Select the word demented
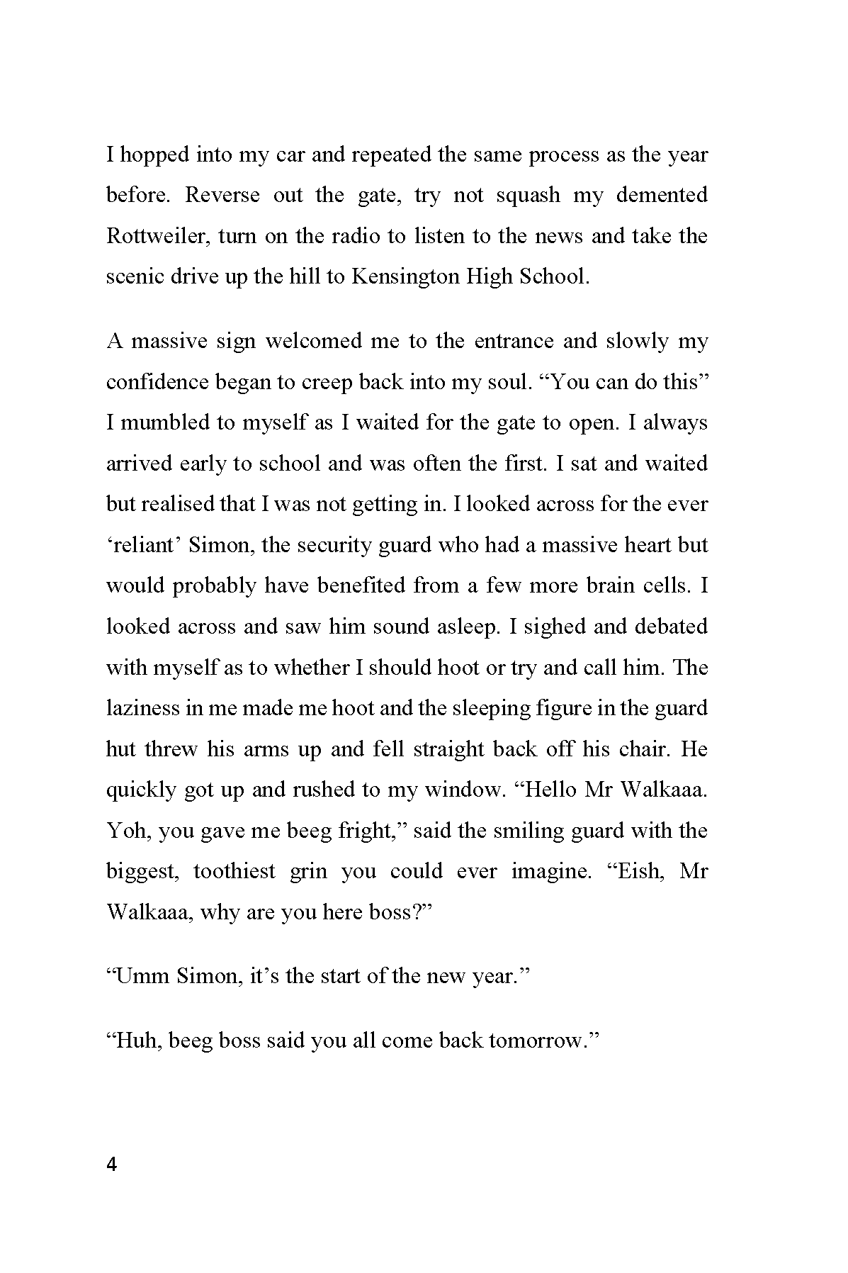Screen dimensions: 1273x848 pos(661,195)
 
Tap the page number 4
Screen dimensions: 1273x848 pos(111,1165)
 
